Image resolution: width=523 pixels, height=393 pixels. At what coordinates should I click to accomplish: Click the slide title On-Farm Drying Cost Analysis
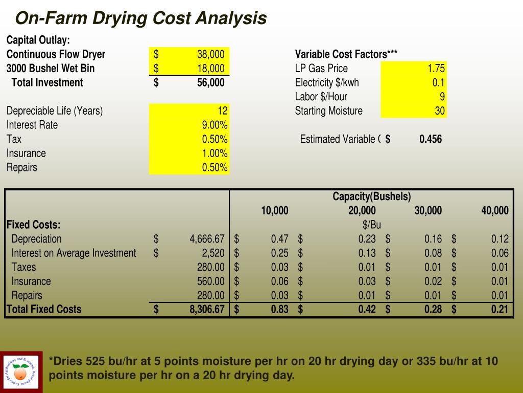coord(141,18)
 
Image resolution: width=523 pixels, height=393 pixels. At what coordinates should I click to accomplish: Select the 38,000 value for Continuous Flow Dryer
coord(210,54)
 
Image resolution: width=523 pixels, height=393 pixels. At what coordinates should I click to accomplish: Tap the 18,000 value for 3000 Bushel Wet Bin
coord(210,69)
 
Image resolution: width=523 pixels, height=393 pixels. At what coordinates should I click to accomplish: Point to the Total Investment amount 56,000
coord(210,82)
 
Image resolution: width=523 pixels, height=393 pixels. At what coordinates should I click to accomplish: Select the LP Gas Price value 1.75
coord(436,69)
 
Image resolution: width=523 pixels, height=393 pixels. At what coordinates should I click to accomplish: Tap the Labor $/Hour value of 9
coord(442,97)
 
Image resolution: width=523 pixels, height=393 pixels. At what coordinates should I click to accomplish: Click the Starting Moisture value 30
coord(440,111)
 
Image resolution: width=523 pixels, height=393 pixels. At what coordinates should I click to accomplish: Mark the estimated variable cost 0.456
coord(430,139)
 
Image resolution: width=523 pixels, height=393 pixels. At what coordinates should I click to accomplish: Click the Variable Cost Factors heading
coord(346,54)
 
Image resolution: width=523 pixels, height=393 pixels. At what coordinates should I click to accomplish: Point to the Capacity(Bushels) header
coord(371,196)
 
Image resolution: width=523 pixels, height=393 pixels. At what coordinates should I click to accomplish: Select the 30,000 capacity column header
coord(428,210)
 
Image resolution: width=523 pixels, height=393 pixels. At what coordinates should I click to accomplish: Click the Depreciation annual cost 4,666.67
coord(207,239)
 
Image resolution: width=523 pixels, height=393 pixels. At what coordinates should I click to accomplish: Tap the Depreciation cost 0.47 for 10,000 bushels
coord(279,239)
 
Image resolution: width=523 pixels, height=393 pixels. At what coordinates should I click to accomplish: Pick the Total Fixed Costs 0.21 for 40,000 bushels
coord(500,309)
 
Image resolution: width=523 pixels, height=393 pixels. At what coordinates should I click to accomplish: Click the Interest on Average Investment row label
coord(74,253)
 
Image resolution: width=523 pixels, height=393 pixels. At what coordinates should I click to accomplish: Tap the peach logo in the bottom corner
coord(21,372)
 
